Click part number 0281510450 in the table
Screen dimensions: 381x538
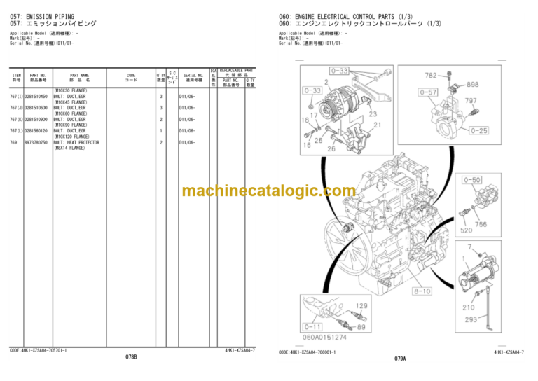(36, 96)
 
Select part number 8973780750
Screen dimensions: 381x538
(36, 142)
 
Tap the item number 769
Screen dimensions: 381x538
(13, 142)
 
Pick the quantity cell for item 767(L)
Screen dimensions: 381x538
(160, 130)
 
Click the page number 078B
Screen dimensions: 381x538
(131, 358)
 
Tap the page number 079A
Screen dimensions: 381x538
(400, 358)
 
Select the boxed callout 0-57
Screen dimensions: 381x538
(428, 92)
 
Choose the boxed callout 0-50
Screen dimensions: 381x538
(473, 180)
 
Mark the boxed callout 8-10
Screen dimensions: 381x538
(422, 290)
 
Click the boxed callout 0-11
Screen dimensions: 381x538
(312, 326)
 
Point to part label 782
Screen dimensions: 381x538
(431, 75)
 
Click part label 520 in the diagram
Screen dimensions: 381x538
(466, 230)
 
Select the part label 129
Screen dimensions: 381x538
(361, 306)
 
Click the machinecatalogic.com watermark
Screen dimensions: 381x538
(268, 190)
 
